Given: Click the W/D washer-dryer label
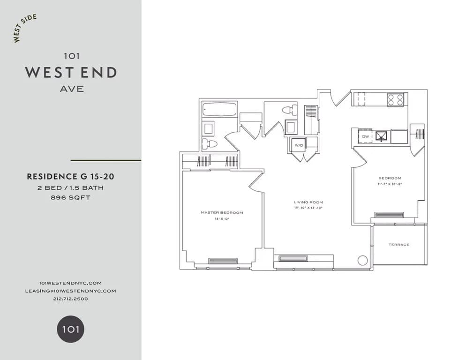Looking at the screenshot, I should pyautogui.click(x=299, y=145).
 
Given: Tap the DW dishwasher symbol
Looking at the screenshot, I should pyautogui.click(x=366, y=136).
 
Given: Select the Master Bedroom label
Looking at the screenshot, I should pyautogui.click(x=222, y=212).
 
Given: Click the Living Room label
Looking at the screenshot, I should pyautogui.click(x=307, y=202).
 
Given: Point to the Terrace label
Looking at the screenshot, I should pyautogui.click(x=399, y=245).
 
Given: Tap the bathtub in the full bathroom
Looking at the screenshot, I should pyautogui.click(x=219, y=110).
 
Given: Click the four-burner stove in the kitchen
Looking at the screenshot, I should pyautogui.click(x=395, y=100).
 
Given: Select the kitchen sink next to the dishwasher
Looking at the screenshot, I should pyautogui.click(x=382, y=136).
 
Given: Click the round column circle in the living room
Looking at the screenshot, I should pyautogui.click(x=362, y=260).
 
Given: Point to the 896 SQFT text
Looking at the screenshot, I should pyautogui.click(x=70, y=198).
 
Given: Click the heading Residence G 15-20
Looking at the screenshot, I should pyautogui.click(x=70, y=177).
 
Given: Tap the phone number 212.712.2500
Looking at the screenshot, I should pyautogui.click(x=70, y=299).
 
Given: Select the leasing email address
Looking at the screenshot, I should pyautogui.click(x=70, y=291).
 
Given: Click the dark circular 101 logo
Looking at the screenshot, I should pyautogui.click(x=71, y=329).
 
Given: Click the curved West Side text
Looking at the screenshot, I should pyautogui.click(x=24, y=29).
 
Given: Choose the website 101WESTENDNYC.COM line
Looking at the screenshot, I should pyautogui.click(x=70, y=283).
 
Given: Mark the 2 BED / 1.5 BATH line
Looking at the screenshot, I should pyautogui.click(x=70, y=188).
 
